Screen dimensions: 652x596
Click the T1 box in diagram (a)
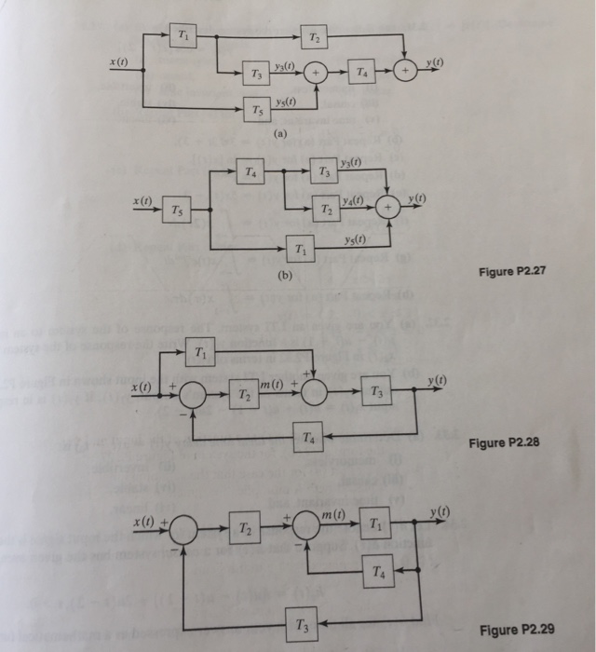(x=181, y=36)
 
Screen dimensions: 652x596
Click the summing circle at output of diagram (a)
(x=404, y=68)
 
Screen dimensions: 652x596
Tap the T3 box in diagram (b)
(x=323, y=171)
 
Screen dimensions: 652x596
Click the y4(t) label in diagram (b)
(x=352, y=200)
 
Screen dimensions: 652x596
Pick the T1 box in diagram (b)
(x=298, y=249)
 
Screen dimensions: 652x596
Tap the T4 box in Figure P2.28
(x=309, y=436)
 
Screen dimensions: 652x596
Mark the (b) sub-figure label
(x=283, y=277)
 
